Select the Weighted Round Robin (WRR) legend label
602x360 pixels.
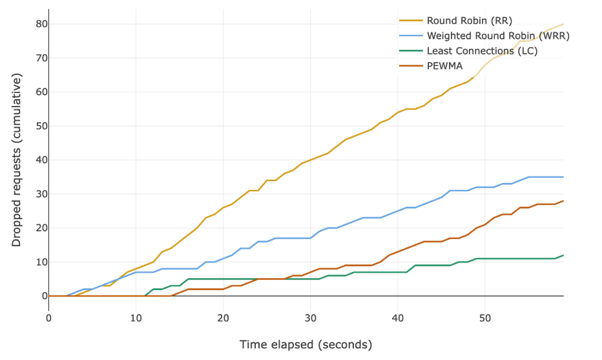tap(498, 36)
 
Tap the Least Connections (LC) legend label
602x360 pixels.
tap(482, 50)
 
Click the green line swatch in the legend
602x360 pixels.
tap(411, 50)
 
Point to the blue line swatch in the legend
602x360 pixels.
tap(411, 36)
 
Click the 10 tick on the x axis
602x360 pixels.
tap(136, 318)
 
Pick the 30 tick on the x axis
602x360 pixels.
tap(311, 318)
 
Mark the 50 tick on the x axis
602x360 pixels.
tap(485, 318)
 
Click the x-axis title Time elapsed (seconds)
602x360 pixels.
tap(306, 344)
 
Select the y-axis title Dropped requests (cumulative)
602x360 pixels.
tap(17, 160)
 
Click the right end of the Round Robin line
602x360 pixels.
tap(563, 24)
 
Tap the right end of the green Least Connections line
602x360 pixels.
tap(563, 255)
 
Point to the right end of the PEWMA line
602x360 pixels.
tap(563, 201)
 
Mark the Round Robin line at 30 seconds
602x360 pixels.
tap(311, 160)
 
